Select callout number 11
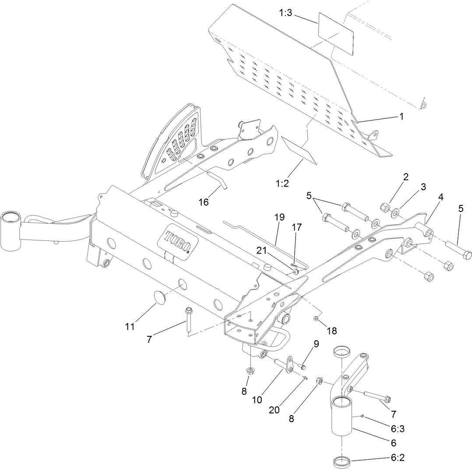click(130, 326)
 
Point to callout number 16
click(203, 202)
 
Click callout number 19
click(279, 217)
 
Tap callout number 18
click(332, 331)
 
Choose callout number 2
click(406, 177)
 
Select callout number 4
click(440, 197)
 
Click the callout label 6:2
click(397, 458)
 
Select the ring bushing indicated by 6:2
click(342, 461)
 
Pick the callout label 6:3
click(397, 429)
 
